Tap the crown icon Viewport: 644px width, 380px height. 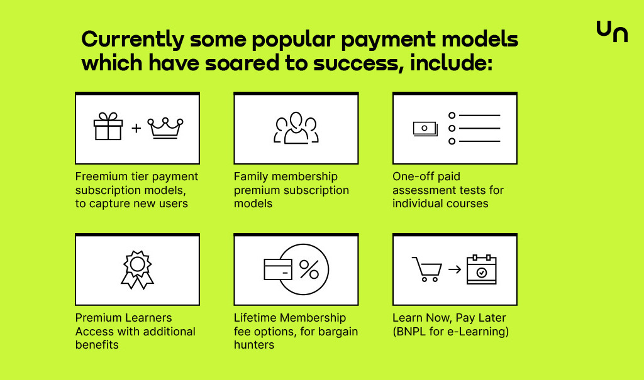click(x=165, y=128)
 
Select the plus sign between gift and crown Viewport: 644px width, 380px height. click(x=136, y=128)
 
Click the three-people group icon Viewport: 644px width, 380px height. click(x=296, y=128)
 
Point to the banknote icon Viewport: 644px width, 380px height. click(x=425, y=129)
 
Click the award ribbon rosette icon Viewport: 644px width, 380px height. click(x=137, y=269)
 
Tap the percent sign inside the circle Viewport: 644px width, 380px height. click(x=309, y=269)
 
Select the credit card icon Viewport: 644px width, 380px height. click(x=277, y=269)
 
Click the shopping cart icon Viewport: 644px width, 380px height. click(x=427, y=269)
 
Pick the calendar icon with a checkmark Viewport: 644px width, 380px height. click(x=482, y=269)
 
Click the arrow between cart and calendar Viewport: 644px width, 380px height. click(x=455, y=269)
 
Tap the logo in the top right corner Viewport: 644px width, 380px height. click(x=612, y=31)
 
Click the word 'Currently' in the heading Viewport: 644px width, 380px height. click(x=133, y=40)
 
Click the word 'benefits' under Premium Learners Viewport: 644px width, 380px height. click(x=97, y=345)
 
